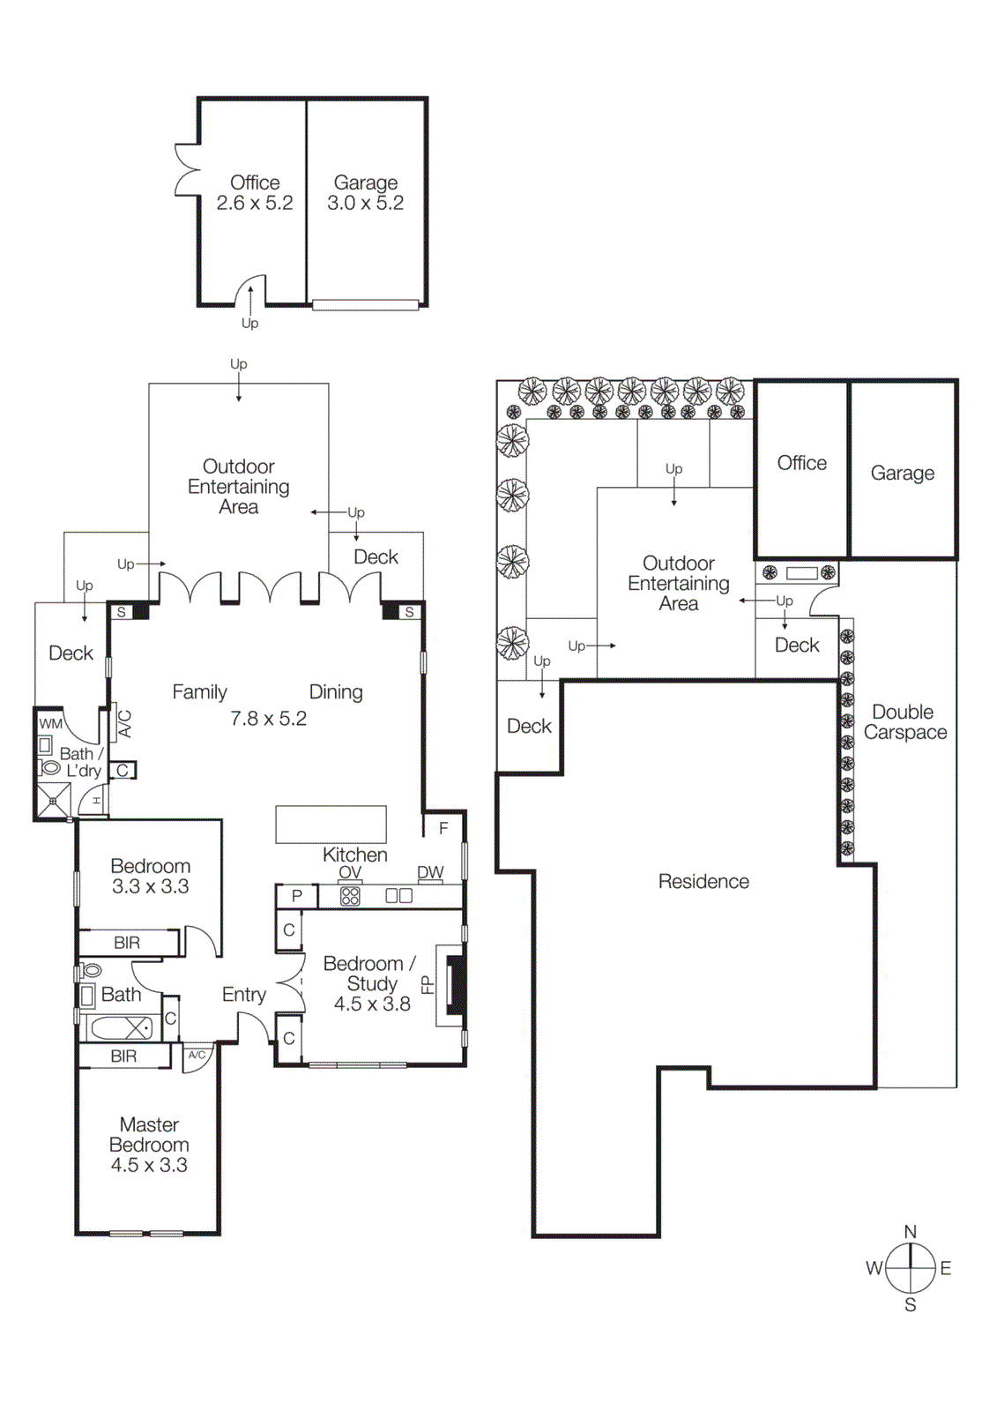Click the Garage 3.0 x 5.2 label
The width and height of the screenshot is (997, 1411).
click(x=365, y=193)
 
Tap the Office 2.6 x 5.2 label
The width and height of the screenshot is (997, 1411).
click(x=255, y=192)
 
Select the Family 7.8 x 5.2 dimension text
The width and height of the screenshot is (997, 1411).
click(x=268, y=719)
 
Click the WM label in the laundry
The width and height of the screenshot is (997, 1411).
click(x=50, y=724)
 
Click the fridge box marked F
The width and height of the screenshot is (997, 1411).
click(x=443, y=828)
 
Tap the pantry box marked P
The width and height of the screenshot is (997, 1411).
click(x=297, y=896)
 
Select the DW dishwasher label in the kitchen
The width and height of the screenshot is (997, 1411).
click(x=430, y=872)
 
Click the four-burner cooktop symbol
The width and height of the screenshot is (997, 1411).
click(x=350, y=896)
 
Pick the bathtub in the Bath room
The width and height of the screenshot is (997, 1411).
click(x=122, y=1028)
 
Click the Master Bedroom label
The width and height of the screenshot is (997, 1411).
click(x=149, y=1145)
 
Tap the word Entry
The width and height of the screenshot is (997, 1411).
click(x=243, y=995)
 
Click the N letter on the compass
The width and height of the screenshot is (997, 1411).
click(x=911, y=1231)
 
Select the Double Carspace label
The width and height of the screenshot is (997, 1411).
click(x=904, y=722)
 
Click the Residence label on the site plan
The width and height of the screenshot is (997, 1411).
click(x=703, y=881)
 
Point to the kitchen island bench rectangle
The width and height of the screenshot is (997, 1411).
click(x=331, y=824)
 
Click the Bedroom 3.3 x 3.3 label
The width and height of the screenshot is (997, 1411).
click(x=150, y=876)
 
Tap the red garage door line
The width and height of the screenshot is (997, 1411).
click(x=365, y=305)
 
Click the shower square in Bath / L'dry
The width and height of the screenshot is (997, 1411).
click(x=53, y=801)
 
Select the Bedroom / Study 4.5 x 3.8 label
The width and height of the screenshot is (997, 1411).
click(x=370, y=983)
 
